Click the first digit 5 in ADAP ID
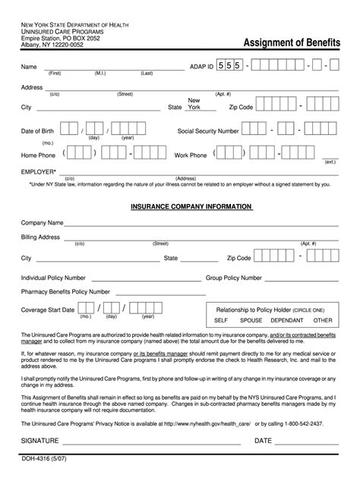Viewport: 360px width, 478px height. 220,67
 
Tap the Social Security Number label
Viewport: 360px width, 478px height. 208,131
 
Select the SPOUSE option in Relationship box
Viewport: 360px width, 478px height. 251,320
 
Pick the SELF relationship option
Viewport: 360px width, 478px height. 221,320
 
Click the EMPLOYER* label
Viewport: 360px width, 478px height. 39,171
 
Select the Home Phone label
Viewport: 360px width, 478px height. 39,155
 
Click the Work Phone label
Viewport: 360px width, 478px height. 191,155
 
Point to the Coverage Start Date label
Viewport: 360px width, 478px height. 48,310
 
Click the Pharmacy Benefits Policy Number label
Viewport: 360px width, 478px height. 65,291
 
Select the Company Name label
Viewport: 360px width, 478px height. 42,223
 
